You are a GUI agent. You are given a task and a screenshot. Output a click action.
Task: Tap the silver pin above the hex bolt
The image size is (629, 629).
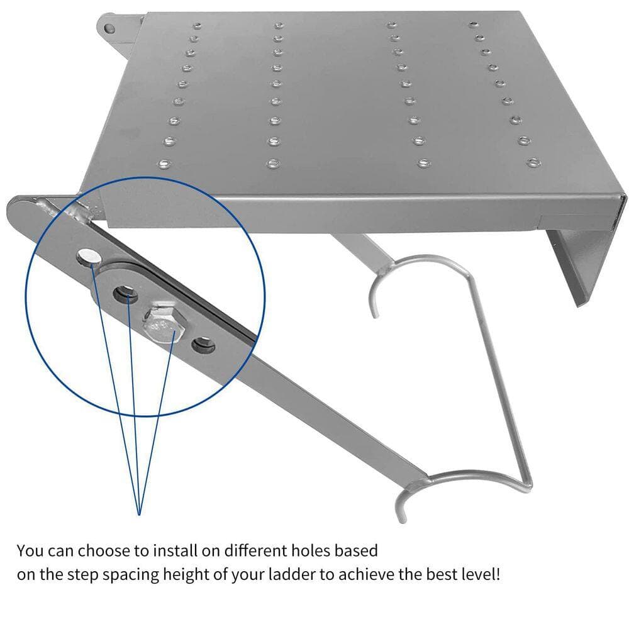(89, 256)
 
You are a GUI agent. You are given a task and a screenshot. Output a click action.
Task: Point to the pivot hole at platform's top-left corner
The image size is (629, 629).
(109, 28)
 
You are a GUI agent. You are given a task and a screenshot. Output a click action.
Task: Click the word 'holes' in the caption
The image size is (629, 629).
(311, 550)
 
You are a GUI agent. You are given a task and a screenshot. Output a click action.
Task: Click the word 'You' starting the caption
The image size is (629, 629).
(30, 551)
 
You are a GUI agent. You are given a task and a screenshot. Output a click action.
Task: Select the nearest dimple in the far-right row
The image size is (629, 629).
(533, 162)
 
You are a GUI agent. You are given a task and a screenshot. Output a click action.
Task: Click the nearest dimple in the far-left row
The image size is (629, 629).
(164, 164)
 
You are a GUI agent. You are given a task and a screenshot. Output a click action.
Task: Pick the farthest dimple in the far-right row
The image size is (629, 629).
(474, 25)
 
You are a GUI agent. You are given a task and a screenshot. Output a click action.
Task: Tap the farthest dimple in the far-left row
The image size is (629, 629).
(197, 26)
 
